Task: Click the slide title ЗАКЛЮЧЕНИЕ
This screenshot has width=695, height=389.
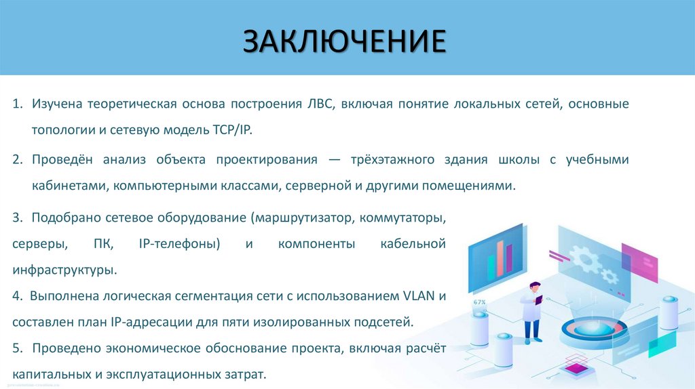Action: coord(345,40)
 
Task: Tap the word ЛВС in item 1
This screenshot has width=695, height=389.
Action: coord(321,104)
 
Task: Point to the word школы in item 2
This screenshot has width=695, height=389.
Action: coord(522,160)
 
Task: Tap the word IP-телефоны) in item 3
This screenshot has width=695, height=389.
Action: coord(182,243)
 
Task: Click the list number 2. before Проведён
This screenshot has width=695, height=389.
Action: coord(18,160)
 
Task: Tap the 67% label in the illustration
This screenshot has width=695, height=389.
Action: coord(480,302)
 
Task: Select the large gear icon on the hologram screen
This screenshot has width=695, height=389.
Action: coord(583,255)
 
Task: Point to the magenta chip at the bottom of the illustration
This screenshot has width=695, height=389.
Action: coord(576,368)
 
